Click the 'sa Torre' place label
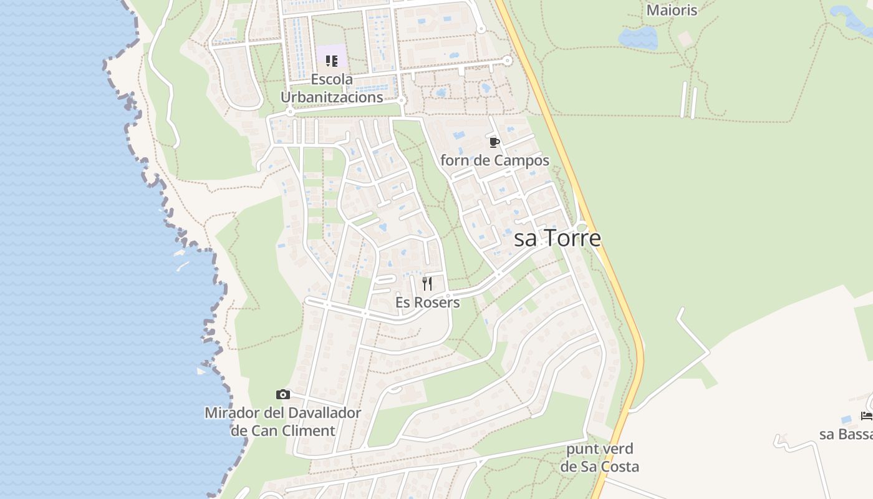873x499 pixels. [557, 238]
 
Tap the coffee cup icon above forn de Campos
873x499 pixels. [494, 143]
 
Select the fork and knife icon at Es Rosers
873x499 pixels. [427, 284]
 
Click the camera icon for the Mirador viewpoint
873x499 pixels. [283, 394]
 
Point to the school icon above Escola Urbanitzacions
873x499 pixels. [332, 61]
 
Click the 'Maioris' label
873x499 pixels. [672, 10]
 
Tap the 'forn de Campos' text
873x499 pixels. [494, 160]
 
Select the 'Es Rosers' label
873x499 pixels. [428, 303]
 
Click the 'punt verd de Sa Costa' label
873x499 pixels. [599, 458]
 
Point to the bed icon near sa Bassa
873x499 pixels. [867, 415]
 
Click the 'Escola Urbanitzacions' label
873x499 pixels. [332, 89]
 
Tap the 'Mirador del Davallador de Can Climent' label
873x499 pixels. [283, 422]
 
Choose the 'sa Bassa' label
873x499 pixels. [846, 434]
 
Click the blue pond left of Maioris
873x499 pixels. [637, 37]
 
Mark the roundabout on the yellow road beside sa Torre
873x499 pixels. [582, 227]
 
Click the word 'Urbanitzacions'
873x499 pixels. [332, 97]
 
